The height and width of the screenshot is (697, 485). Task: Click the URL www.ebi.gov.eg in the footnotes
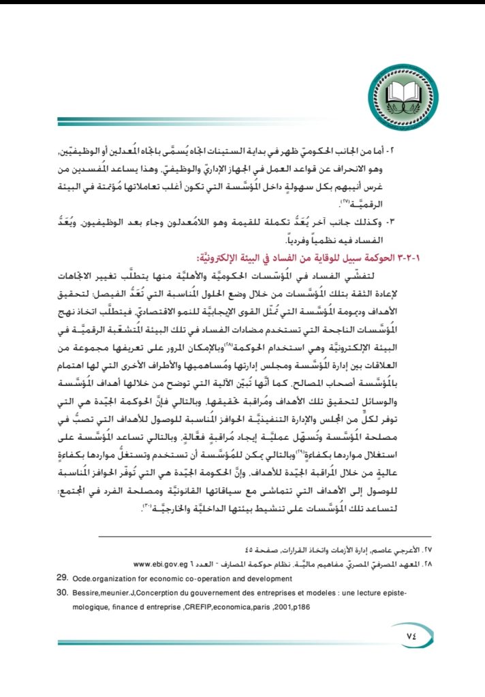(163, 564)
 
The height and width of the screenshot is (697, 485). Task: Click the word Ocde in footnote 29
(82, 579)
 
